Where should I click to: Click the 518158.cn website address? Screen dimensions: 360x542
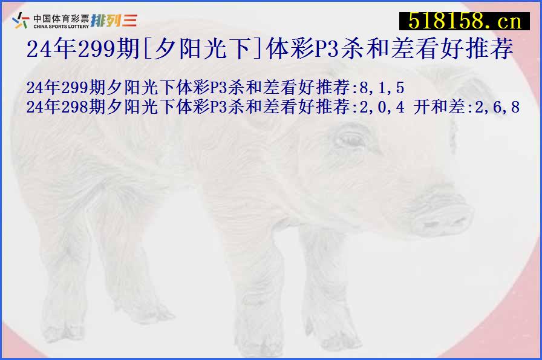(464, 22)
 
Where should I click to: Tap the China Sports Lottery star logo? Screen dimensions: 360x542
(21, 21)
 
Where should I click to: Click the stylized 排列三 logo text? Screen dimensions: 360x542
(114, 21)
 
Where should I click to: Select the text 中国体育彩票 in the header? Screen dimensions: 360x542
(60, 17)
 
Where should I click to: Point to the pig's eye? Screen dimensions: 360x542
(350, 140)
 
